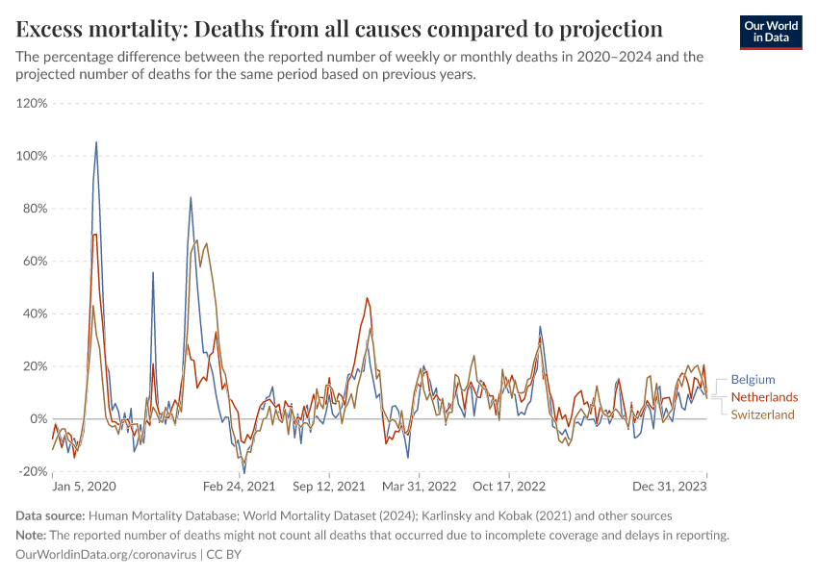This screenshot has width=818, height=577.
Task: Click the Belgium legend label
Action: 753,380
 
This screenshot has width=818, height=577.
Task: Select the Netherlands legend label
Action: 764,397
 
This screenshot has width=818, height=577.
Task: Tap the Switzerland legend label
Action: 762,414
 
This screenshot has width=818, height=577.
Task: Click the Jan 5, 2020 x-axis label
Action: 84,488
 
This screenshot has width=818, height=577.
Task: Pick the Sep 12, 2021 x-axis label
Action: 329,488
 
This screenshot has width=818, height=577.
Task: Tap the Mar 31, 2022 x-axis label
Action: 419,488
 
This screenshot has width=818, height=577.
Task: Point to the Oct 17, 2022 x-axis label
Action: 508,488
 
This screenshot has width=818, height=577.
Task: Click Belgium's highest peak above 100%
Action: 96,142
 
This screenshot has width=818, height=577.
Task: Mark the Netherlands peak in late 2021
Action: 367,298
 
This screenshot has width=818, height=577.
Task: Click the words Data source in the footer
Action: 51,516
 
